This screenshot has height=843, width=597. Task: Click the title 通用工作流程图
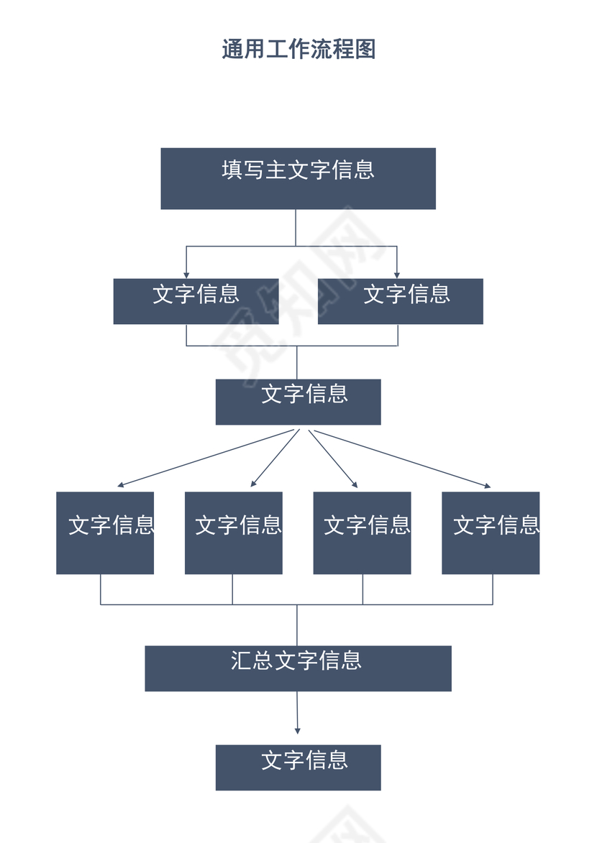298,49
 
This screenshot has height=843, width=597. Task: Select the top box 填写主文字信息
298,179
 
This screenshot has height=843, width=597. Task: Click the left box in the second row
196,302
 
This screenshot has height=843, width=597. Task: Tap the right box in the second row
400,302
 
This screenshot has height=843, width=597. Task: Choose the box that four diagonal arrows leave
298,402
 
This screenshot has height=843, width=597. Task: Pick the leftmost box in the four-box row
105,533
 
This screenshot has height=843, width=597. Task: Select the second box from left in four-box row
233,533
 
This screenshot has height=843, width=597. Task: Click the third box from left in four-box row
362,533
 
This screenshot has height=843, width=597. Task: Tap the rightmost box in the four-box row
491,533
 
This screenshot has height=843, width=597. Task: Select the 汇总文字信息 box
298,668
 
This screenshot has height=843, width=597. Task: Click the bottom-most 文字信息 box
298,768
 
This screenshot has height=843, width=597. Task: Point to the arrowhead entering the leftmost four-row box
121,486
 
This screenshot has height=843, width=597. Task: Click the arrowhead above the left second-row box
186,275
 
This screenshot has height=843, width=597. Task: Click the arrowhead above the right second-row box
396,275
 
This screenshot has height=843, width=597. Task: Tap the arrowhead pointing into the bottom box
297,730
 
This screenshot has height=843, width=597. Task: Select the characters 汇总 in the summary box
252,660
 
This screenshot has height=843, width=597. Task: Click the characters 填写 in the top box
243,170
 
